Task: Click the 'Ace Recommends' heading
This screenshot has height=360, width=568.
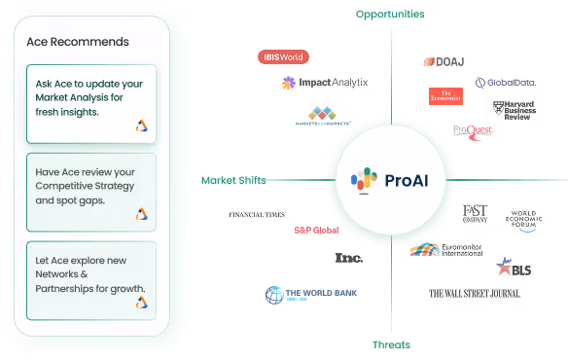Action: (78, 42)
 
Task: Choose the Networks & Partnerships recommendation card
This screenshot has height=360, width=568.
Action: (89, 279)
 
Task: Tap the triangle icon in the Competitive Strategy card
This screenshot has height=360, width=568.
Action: (142, 214)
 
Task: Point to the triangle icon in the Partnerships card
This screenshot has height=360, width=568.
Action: (142, 303)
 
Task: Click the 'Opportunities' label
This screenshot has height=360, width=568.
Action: (390, 14)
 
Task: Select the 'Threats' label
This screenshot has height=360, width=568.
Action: (390, 345)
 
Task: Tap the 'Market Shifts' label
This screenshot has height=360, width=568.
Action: (233, 180)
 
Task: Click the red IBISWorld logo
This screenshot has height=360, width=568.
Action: (283, 56)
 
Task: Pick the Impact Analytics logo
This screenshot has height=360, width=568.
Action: (325, 83)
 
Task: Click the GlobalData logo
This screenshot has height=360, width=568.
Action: (507, 83)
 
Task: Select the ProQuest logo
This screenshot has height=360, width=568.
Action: (474, 129)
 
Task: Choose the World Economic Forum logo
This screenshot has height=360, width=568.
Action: (525, 219)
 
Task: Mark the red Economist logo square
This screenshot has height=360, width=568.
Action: (445, 95)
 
